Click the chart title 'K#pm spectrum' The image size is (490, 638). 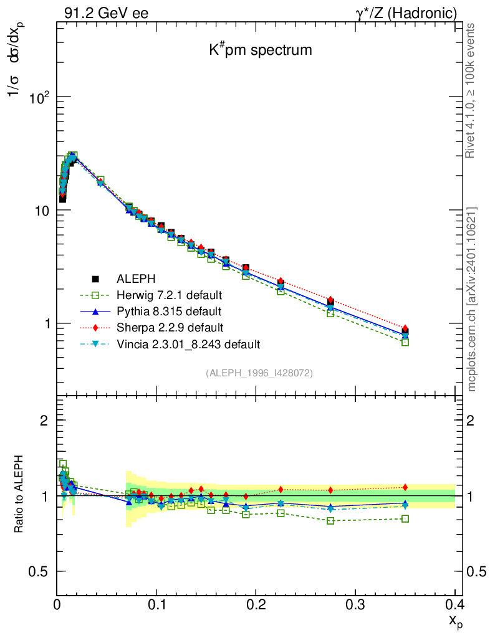pos(261,50)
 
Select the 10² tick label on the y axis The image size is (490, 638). pos(41,98)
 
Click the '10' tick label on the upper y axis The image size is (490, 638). pos(43,211)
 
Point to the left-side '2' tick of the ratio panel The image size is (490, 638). pos(44,421)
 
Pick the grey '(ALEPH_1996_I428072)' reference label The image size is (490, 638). pos(259,373)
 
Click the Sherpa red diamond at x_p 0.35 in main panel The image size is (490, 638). pos(405,328)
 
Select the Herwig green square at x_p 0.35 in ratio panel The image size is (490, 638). pos(405,518)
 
